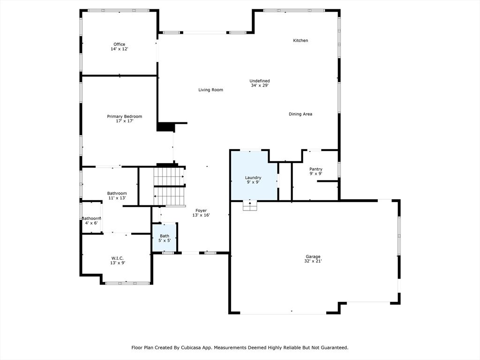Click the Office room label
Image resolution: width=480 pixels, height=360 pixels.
pyautogui.click(x=119, y=45)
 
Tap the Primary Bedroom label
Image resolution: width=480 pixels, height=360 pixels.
pyautogui.click(x=124, y=116)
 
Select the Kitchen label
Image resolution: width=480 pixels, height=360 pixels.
pyautogui.click(x=300, y=41)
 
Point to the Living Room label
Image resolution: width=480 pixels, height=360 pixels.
pyautogui.click(x=210, y=90)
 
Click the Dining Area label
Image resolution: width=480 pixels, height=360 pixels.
pyautogui.click(x=300, y=114)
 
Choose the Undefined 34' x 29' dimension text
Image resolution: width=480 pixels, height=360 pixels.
pyautogui.click(x=259, y=85)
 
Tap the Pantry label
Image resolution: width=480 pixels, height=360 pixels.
pyautogui.click(x=315, y=169)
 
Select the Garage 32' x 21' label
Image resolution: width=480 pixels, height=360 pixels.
pyautogui.click(x=313, y=259)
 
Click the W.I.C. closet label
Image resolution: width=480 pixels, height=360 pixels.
pyautogui.click(x=117, y=258)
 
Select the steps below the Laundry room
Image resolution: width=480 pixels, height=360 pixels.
pyautogui.click(x=249, y=206)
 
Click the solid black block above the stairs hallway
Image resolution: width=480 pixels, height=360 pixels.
pyautogui.click(x=165, y=127)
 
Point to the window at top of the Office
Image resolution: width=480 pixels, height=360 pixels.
pyautogui.click(x=119, y=10)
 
